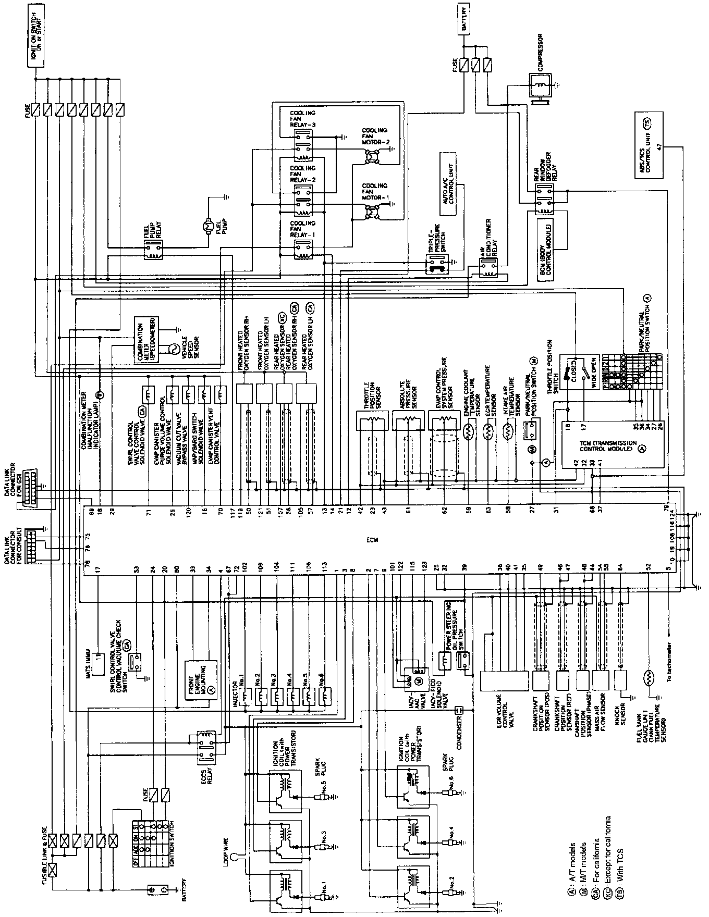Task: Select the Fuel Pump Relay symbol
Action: [153, 253]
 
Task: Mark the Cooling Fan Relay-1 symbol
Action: [302, 252]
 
